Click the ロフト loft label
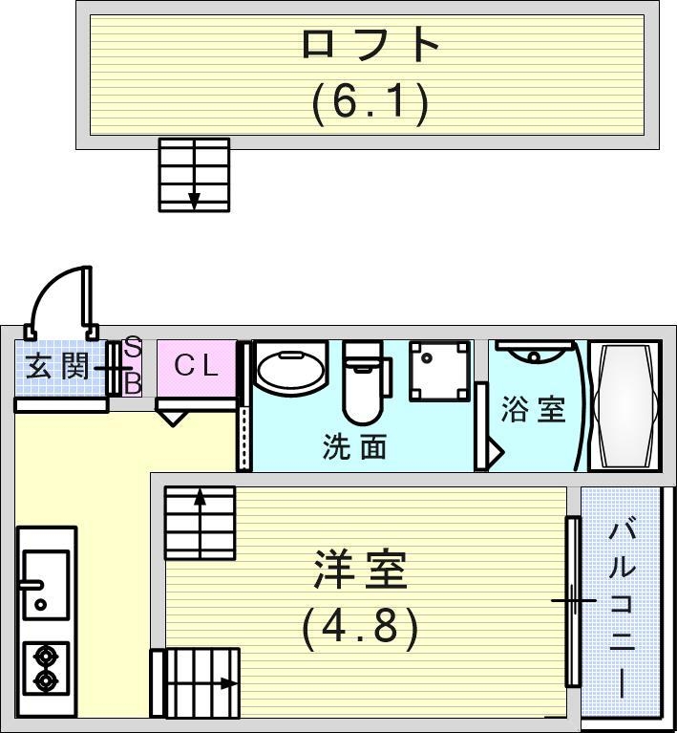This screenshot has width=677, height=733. click(x=370, y=45)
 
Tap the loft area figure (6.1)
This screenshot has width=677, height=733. click(x=370, y=100)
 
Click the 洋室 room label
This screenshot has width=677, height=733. click(x=361, y=571)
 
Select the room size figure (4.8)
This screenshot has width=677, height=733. click(x=361, y=628)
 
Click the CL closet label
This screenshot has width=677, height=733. click(x=197, y=366)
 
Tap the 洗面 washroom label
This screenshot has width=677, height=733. click(x=354, y=446)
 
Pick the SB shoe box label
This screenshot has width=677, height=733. click(x=134, y=366)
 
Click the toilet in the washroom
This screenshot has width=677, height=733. click(x=362, y=382)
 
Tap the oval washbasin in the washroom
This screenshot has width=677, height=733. click(x=290, y=372)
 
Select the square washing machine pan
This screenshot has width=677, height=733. click(x=440, y=372)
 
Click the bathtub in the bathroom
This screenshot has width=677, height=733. click(x=625, y=406)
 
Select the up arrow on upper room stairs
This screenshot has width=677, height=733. click(x=200, y=498)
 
